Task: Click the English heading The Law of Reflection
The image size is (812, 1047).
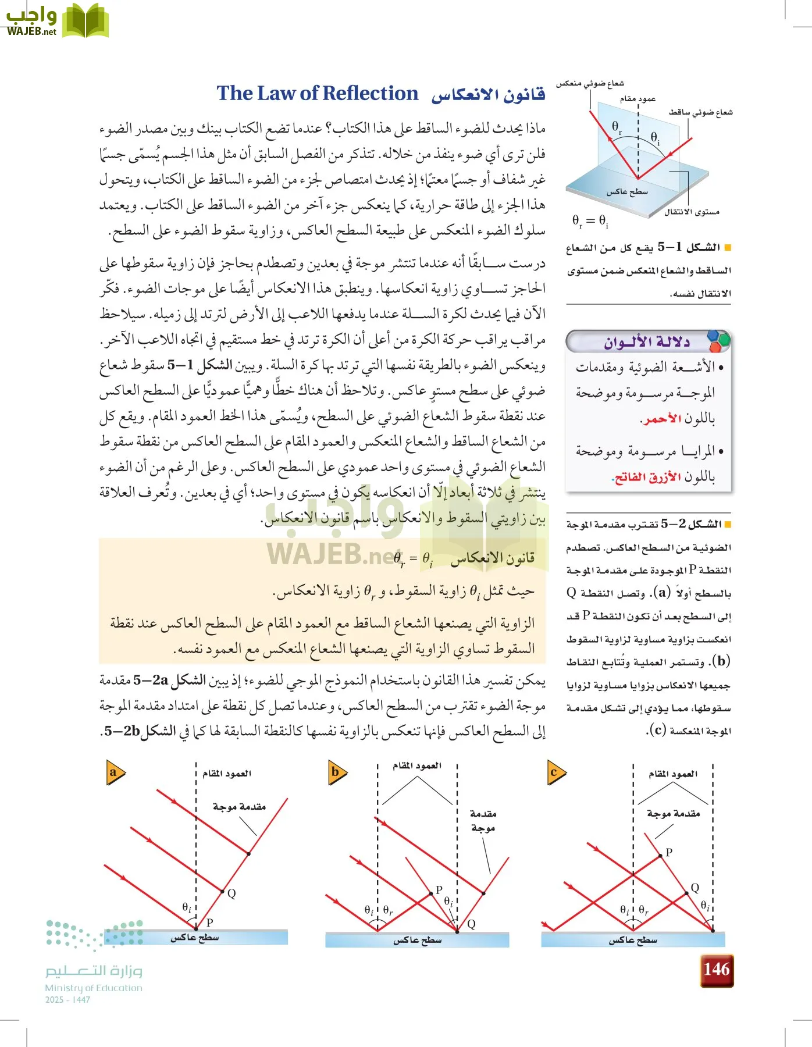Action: pos(317,94)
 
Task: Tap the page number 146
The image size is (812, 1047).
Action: pos(716,970)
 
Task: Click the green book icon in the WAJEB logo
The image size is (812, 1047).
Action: pos(86,21)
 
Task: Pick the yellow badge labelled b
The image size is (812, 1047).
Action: pos(336,772)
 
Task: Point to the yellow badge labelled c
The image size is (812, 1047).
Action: pos(555,772)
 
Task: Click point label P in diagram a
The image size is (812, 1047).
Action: pos(210,922)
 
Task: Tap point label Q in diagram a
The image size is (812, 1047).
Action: pos(232,894)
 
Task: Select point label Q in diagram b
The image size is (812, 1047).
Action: pos(471,924)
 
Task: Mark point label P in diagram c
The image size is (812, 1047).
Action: pos(669,852)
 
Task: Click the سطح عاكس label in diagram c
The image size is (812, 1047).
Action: pos(633,940)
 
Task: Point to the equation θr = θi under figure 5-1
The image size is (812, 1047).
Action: pos(590,221)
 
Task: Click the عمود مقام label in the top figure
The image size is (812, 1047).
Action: pos(638,99)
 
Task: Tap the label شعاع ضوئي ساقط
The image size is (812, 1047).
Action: pos(700,112)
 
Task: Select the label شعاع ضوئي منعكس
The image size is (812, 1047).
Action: pos(590,84)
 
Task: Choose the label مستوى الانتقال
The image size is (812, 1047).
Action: pos(692,212)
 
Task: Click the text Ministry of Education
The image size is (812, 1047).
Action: pos(94,988)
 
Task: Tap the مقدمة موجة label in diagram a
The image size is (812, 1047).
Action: pos(239,807)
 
